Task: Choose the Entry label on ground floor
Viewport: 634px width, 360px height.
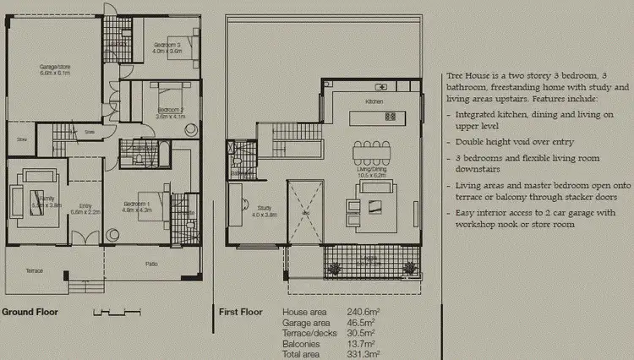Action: (85, 206)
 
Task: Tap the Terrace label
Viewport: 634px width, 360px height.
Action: (34, 271)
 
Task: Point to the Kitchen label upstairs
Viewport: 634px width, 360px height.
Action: (374, 101)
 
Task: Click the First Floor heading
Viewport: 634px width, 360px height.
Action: (240, 312)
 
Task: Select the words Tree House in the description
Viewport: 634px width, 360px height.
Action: (468, 76)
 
